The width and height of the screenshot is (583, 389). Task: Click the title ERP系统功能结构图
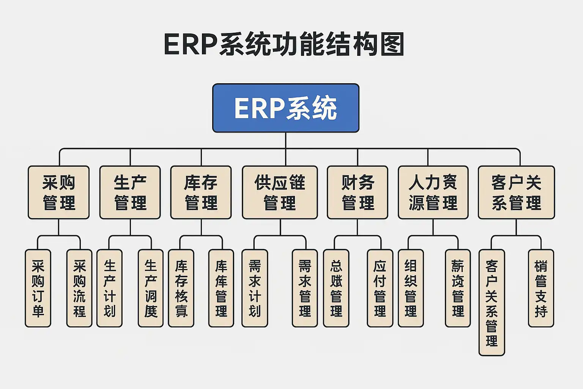pos(284,45)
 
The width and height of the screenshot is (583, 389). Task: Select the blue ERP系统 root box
pos(285,108)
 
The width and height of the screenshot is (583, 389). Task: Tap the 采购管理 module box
pos(59,192)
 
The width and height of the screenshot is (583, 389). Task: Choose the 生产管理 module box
pos(130,192)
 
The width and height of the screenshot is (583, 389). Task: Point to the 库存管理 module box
pos(201,192)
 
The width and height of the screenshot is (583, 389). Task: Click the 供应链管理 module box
pos(280,192)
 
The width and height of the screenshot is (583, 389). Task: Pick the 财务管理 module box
pos(358,192)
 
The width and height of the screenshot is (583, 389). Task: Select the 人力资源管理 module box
pos(433,192)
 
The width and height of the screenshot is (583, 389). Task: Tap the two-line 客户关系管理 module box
pos(516,192)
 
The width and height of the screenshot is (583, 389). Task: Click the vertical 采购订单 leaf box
pos(38,288)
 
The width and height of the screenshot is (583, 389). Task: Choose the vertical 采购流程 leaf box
pos(79,288)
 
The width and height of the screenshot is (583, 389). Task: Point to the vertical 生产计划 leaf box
pos(109,288)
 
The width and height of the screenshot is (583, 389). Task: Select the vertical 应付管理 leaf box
pos(380,288)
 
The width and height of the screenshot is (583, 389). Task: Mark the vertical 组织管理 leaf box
pos(411,288)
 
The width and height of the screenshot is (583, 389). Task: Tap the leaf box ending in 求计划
pos(255,288)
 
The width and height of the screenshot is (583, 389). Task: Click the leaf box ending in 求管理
pos(305,288)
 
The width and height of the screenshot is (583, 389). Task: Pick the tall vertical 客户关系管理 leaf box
pos(492,302)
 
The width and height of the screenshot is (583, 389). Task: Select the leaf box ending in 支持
pos(541,288)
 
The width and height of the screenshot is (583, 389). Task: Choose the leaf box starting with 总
pos(336,288)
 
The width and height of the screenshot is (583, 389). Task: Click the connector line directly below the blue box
pos(285,140)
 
